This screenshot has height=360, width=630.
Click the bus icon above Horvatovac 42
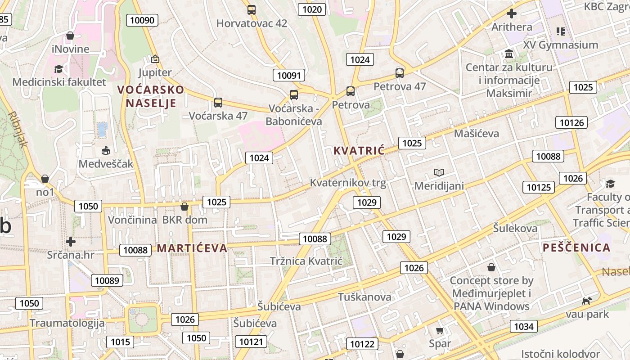(252, 9)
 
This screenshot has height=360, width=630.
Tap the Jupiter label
(155, 72)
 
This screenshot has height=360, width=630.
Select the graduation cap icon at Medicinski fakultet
(58, 69)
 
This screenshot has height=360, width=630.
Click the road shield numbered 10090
(142, 20)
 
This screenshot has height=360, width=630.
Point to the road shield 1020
(312, 9)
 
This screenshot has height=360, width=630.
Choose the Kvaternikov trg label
(348, 183)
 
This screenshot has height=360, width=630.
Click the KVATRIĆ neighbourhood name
(359, 151)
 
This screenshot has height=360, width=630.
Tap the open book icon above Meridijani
(439, 172)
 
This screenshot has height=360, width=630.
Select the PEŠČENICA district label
(576, 247)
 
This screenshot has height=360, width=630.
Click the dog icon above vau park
(587, 301)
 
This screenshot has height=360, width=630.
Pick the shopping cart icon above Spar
(440, 331)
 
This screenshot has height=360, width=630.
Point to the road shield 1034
(524, 326)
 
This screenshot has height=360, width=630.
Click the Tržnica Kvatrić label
(306, 261)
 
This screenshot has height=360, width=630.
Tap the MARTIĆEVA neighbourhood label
(192, 248)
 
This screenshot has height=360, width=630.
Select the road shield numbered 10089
(107, 280)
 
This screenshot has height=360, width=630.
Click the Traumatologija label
(67, 323)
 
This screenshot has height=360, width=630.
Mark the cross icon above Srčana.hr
(71, 242)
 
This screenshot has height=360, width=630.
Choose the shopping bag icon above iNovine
(70, 36)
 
